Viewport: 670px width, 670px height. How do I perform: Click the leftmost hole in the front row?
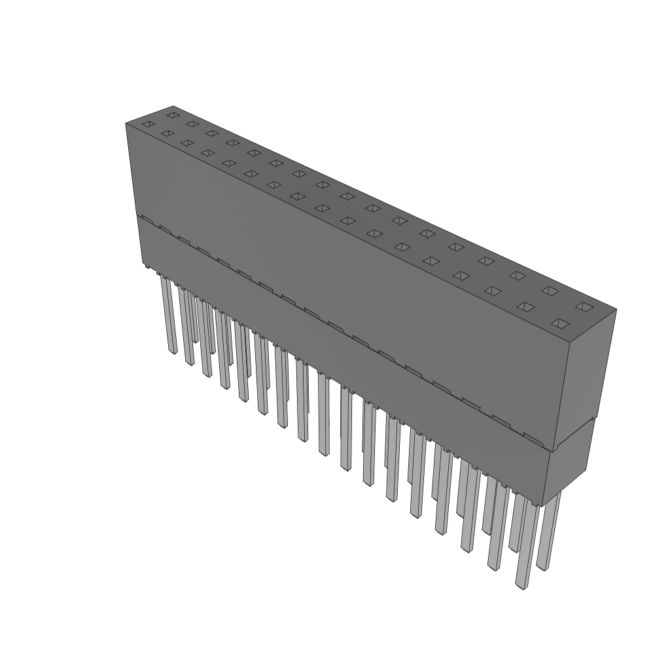(149, 124)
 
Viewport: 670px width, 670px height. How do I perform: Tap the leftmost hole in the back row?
(173, 115)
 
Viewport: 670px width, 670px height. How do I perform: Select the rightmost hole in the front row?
(559, 323)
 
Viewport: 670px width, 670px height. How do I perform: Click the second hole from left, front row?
(167, 133)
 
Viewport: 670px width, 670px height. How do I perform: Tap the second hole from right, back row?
(550, 291)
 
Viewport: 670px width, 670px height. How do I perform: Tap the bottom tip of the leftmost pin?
(173, 352)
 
